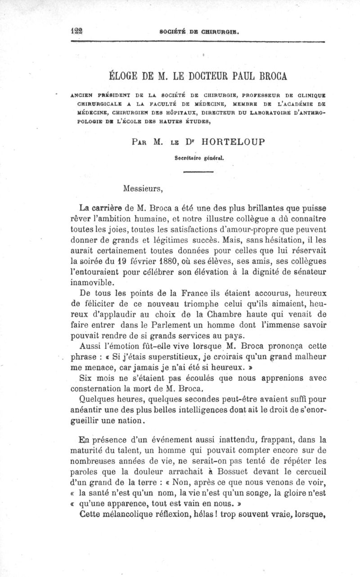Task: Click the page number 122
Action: pyautogui.click(x=79, y=31)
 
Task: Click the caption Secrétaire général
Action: pyautogui.click(x=199, y=158)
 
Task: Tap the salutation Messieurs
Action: pyautogui.click(x=140, y=188)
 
